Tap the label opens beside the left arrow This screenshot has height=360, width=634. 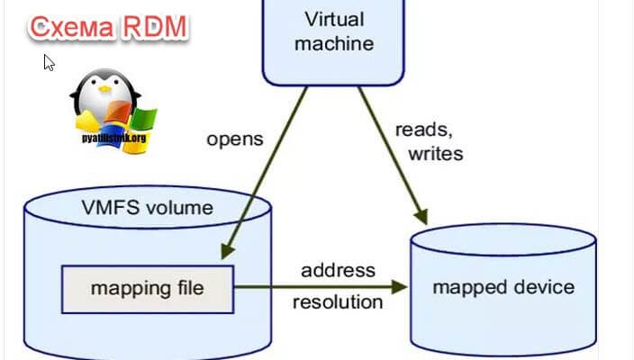234,139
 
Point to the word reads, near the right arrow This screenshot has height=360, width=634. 423,130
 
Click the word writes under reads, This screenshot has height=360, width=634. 435,153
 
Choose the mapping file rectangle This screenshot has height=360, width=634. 147,288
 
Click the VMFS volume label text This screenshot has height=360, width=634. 147,208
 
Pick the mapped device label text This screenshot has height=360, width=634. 503,287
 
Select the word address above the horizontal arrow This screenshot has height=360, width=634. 338,269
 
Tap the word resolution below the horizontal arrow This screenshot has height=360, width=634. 338,301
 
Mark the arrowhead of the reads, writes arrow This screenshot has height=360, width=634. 421,216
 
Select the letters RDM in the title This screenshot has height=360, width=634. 154,27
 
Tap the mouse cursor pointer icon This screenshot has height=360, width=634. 49,62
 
